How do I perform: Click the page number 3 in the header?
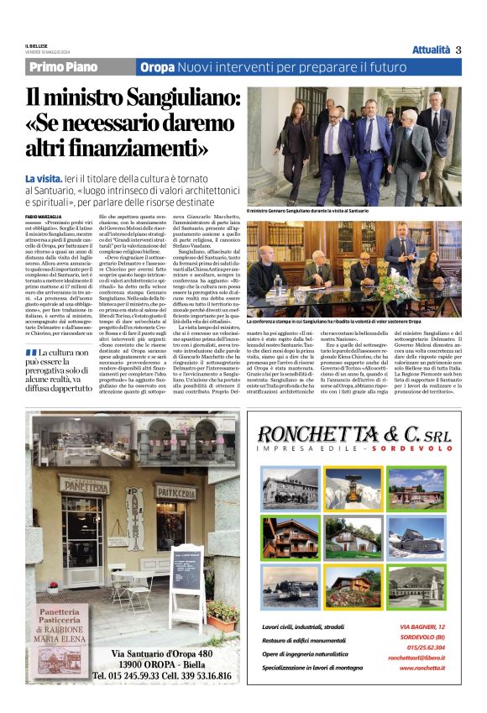tap(458, 50)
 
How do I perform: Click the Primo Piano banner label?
tap(63, 67)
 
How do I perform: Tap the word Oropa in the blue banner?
tap(157, 67)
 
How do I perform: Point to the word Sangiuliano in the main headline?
tap(184, 102)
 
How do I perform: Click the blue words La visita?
tap(44, 179)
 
